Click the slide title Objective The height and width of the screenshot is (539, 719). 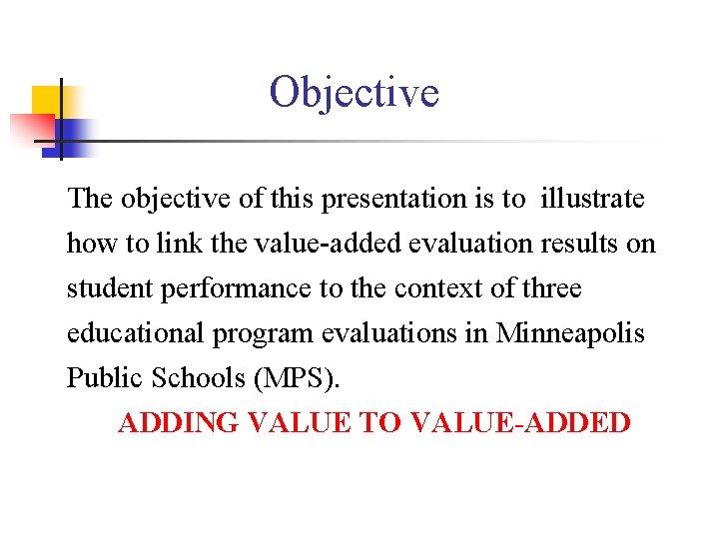(x=354, y=93)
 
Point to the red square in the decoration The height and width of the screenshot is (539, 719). (x=30, y=126)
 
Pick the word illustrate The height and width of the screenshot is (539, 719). (x=592, y=199)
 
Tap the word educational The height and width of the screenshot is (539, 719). (x=135, y=333)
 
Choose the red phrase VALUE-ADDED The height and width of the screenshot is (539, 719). (x=520, y=423)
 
